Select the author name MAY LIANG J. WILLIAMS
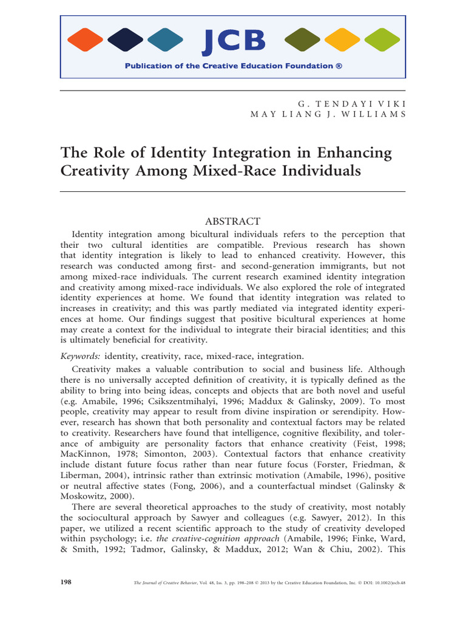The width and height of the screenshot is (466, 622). (328, 115)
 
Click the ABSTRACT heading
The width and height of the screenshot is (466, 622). (233, 221)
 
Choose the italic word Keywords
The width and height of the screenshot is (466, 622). (81, 356)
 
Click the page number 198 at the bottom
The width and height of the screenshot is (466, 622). (66, 582)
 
